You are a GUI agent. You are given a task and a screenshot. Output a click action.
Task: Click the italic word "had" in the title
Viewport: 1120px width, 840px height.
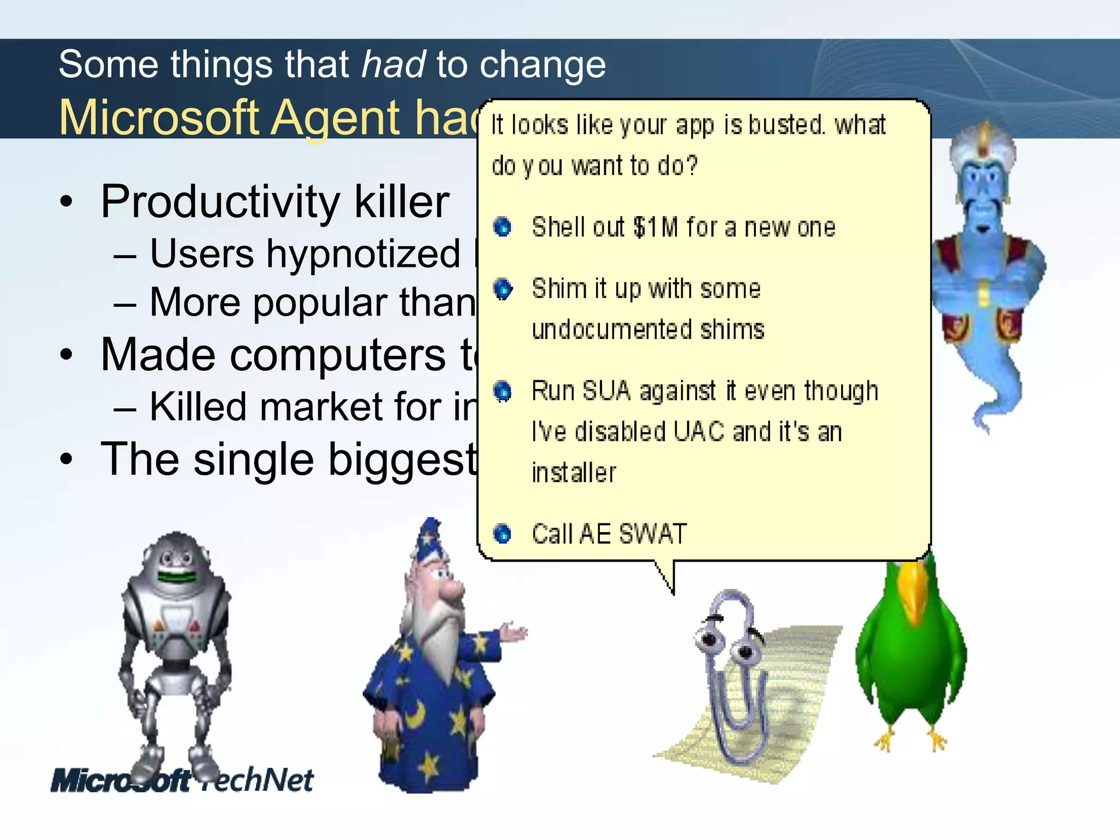click(x=393, y=65)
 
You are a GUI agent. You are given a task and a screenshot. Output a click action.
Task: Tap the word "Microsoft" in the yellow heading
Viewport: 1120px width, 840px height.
click(x=159, y=118)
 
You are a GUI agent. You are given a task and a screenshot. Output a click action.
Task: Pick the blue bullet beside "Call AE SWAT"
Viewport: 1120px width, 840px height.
click(x=502, y=533)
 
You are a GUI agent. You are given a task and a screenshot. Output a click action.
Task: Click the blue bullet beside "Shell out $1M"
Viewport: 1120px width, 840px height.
click(x=502, y=226)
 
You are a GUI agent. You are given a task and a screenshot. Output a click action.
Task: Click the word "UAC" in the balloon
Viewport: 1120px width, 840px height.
click(x=699, y=432)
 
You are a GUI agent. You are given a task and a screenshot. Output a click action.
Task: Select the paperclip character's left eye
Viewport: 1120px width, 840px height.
click(x=709, y=638)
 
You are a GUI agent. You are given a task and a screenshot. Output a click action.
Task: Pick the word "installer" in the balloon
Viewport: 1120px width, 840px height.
click(x=574, y=473)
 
